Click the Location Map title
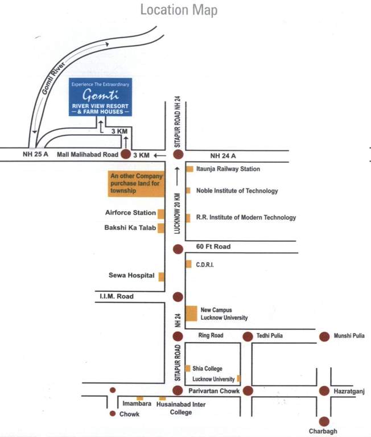pyautogui.click(x=179, y=10)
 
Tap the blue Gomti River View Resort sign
pyautogui.click(x=100, y=97)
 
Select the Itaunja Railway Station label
pyautogui.click(x=228, y=169)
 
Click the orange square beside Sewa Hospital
pyautogui.click(x=162, y=277)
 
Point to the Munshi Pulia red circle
pyautogui.click(x=324, y=337)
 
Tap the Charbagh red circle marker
pyautogui.click(x=324, y=422)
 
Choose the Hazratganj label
pyautogui.click(x=349, y=391)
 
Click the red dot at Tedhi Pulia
pyautogui.click(x=248, y=337)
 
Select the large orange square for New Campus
pyautogui.click(x=191, y=314)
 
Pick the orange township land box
pyautogui.click(x=136, y=184)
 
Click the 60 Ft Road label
pyautogui.click(x=213, y=246)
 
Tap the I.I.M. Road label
pyautogui.click(x=117, y=296)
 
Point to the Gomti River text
pyautogui.click(x=53, y=79)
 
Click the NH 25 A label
pyautogui.click(x=35, y=154)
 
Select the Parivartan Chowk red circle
pyautogui.click(x=178, y=390)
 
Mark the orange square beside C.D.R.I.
pyautogui.click(x=189, y=264)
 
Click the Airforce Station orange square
pyautogui.click(x=161, y=214)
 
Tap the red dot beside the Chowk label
pyautogui.click(x=113, y=414)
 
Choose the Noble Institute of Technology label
pyautogui.click(x=237, y=191)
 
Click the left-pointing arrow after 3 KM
pyautogui.click(x=160, y=155)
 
